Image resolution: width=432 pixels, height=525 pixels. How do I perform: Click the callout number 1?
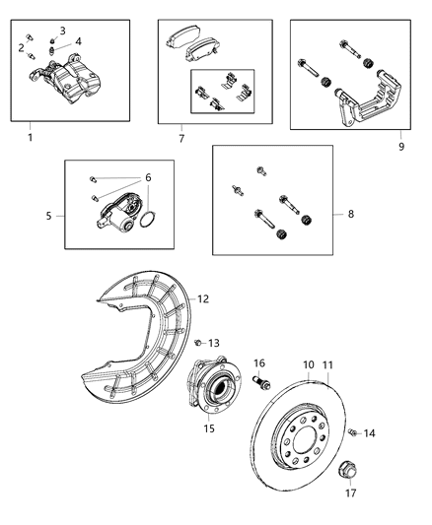[30, 137]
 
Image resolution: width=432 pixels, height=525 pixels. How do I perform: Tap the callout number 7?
[180, 139]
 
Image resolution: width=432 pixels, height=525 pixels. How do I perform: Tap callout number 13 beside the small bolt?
[214, 343]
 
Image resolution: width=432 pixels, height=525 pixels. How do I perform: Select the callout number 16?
[260, 362]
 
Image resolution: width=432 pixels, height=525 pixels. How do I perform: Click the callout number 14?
[370, 433]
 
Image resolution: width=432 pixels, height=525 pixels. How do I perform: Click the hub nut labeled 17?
[347, 470]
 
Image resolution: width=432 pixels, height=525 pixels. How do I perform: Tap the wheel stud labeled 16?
[261, 382]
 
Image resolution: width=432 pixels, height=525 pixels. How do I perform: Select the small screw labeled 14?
[352, 430]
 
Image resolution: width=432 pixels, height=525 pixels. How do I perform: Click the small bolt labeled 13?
[198, 343]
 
